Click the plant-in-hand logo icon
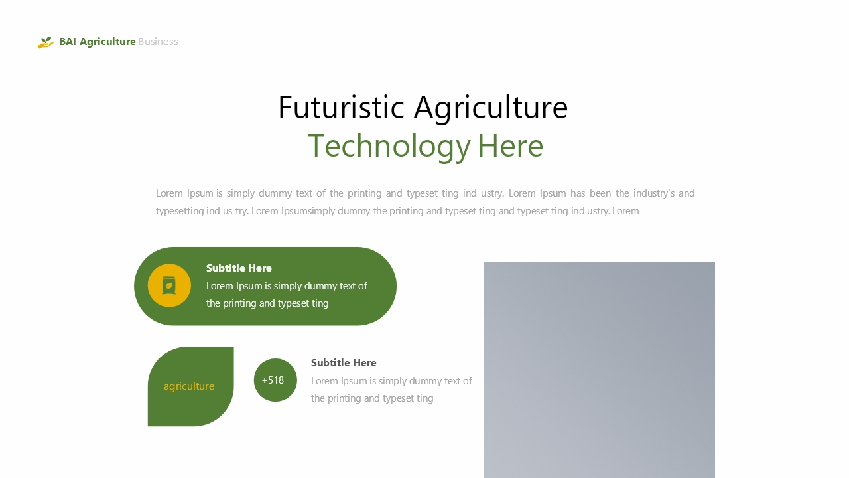46,42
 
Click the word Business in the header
158,42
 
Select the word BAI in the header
68,42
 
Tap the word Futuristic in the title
341,108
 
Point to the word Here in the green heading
511,146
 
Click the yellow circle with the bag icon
169,285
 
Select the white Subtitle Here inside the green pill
239,268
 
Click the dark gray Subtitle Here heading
344,362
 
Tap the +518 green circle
275,380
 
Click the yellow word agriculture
189,386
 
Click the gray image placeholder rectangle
599,370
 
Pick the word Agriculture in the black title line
491,108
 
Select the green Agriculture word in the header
107,42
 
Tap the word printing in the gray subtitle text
344,399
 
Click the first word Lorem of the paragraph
169,193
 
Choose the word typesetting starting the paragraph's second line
180,211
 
